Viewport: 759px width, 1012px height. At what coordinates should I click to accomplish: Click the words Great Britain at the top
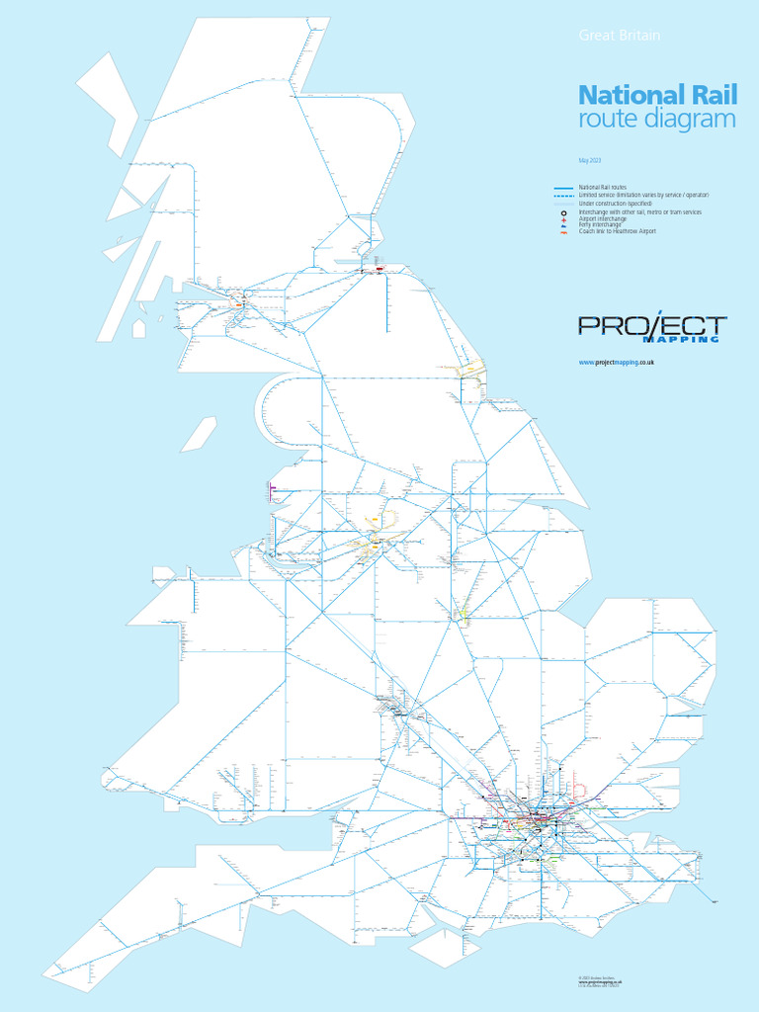[619, 36]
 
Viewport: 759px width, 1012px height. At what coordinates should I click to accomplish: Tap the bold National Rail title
[644, 96]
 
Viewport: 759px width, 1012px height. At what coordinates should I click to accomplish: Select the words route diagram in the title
[656, 121]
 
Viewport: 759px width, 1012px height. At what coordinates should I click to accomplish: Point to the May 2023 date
[590, 160]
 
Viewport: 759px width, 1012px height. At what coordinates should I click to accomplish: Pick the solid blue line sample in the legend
[564, 188]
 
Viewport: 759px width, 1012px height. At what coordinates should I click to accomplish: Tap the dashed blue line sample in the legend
[564, 196]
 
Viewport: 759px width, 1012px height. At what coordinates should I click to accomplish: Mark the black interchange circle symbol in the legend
[563, 213]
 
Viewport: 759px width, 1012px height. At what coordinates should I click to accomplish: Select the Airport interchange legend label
[603, 219]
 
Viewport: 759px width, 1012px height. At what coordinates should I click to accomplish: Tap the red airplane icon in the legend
[563, 219]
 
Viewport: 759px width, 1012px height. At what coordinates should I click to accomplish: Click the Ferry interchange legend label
[601, 225]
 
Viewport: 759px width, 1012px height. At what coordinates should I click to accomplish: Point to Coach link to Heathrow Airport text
[617, 231]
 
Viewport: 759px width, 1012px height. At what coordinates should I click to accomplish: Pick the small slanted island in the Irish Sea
[199, 434]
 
